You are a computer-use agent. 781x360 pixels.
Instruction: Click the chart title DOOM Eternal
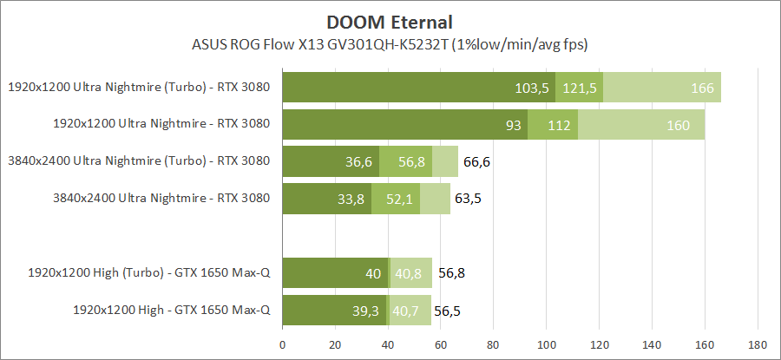pyautogui.click(x=390, y=21)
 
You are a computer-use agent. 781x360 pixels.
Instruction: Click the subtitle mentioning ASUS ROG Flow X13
pyautogui.click(x=390, y=43)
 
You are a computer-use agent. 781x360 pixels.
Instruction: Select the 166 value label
pyautogui.click(x=703, y=88)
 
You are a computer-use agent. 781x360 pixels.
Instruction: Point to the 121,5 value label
pyautogui.click(x=580, y=88)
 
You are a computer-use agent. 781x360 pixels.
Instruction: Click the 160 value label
pyautogui.click(x=678, y=125)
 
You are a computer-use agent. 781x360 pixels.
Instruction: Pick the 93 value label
pyautogui.click(x=513, y=125)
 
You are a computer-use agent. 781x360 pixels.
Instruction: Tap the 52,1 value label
pyautogui.click(x=400, y=199)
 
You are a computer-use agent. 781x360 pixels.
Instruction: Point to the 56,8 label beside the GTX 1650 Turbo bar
pyautogui.click(x=453, y=273)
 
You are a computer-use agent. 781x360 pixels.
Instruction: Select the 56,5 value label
pyautogui.click(x=452, y=310)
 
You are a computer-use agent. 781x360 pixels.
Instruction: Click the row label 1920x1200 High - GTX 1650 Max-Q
pyautogui.click(x=172, y=309)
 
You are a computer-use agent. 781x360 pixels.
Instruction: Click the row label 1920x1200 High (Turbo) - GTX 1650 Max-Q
pyautogui.click(x=149, y=272)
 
